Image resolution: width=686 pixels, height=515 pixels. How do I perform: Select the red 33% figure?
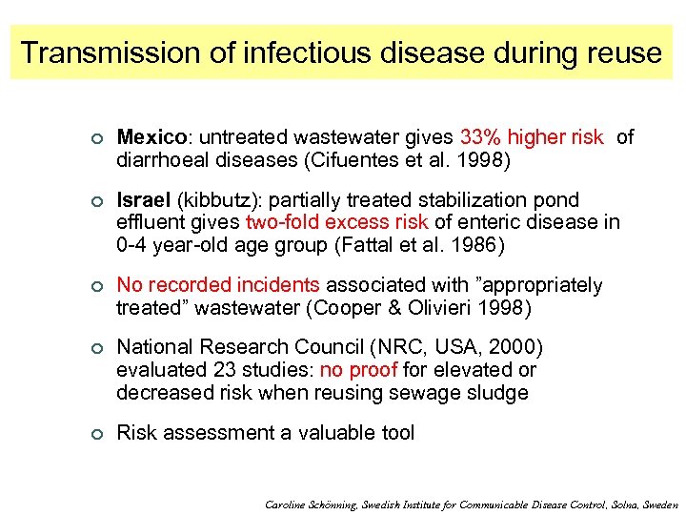tap(480, 138)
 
